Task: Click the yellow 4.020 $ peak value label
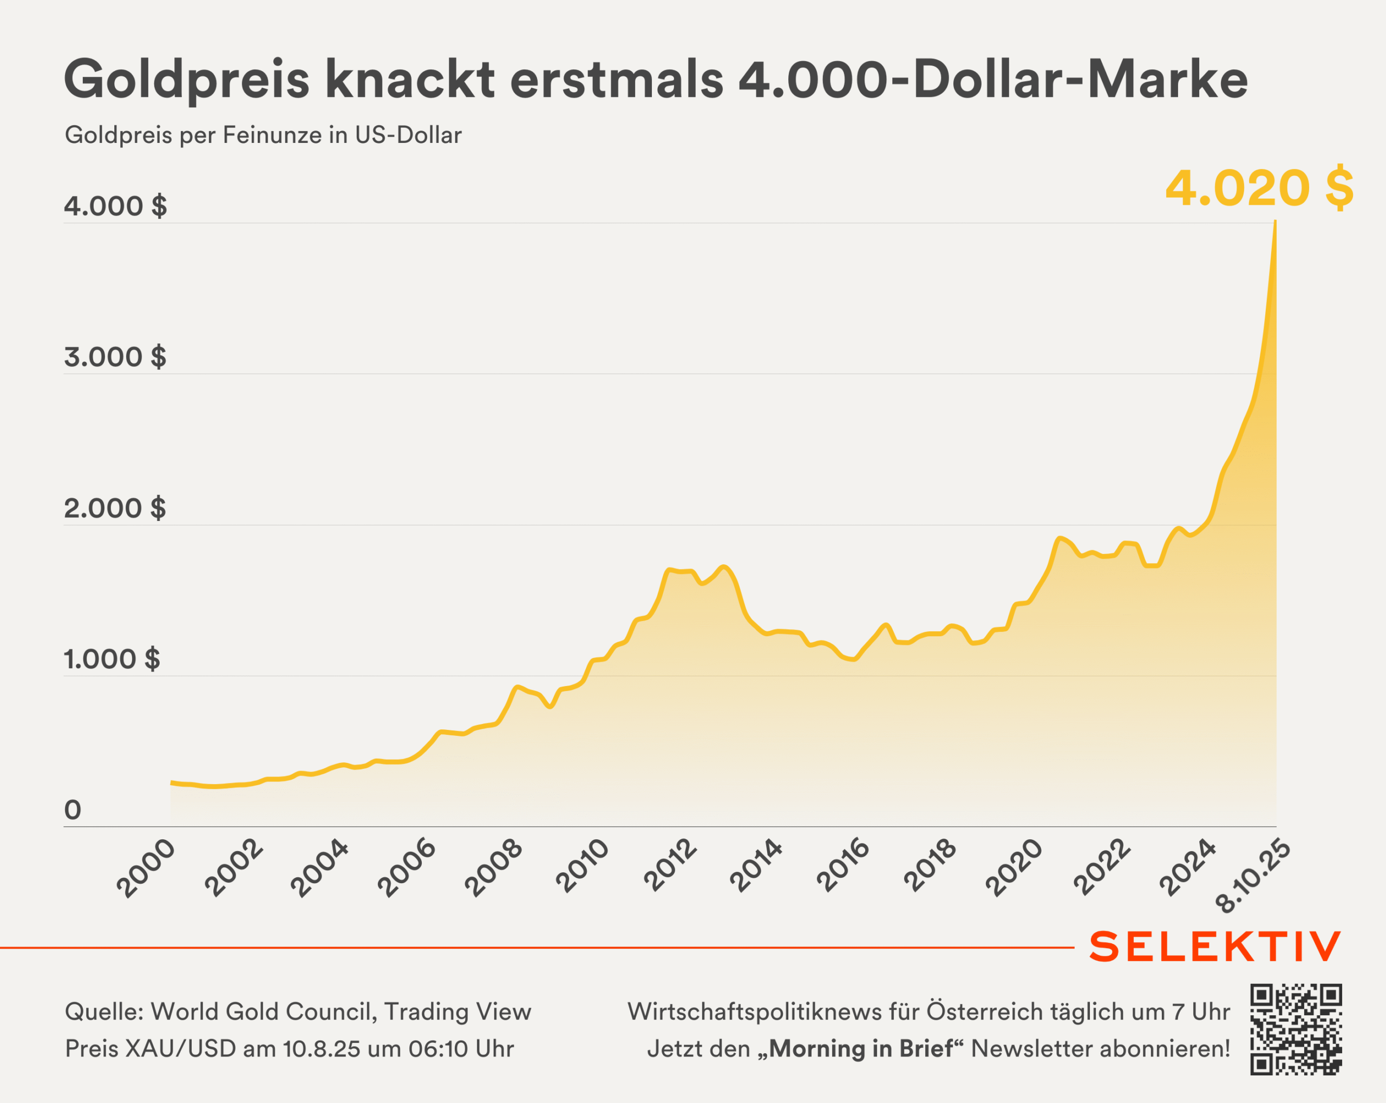[1259, 188]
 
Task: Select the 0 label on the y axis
[73, 810]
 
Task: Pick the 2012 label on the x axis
[670, 866]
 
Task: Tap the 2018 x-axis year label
[930, 866]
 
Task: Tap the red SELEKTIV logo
[1215, 947]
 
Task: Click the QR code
[1296, 1029]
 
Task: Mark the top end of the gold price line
[1276, 222]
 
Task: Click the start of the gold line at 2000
[171, 782]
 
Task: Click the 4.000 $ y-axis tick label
[115, 206]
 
